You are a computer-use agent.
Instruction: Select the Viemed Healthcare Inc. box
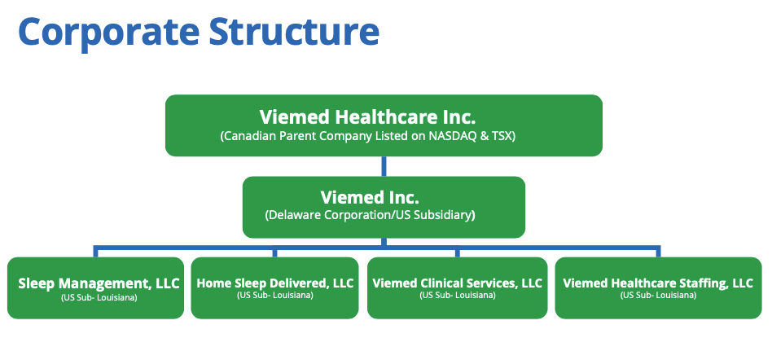pyautogui.click(x=384, y=125)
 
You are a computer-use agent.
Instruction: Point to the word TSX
pyautogui.click(x=502, y=136)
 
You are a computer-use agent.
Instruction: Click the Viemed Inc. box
pyautogui.click(x=384, y=206)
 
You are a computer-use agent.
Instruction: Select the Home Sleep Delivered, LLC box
pyautogui.click(x=275, y=288)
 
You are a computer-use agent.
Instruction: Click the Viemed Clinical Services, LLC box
pyautogui.click(x=457, y=288)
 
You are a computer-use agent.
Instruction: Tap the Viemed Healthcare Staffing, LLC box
pyautogui.click(x=658, y=288)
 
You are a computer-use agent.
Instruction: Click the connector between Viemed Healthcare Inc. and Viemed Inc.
pyautogui.click(x=384, y=166)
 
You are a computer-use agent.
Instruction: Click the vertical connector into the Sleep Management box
pyautogui.click(x=95, y=251)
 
